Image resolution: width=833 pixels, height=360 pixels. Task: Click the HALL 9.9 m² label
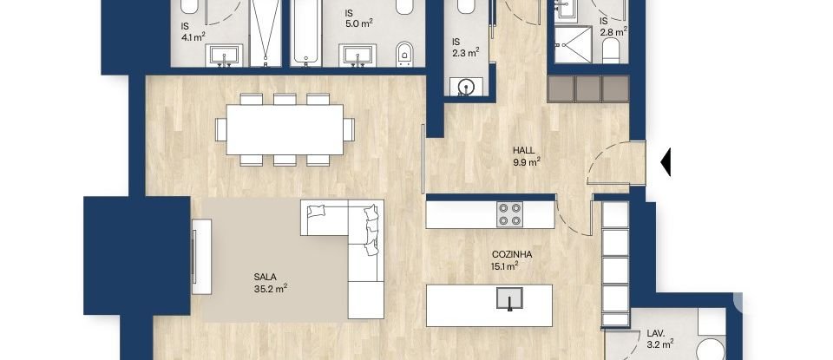526,155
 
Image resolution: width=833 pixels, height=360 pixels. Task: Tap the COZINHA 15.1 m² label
509,260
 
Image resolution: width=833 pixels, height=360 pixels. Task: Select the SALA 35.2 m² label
266,283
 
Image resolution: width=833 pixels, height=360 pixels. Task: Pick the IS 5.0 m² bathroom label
358,18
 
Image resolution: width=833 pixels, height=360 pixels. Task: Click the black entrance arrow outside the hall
666,162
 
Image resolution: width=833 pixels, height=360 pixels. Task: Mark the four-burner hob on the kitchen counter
509,213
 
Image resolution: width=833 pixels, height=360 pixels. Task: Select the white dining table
285,129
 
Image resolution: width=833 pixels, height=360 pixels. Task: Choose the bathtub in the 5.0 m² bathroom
305,31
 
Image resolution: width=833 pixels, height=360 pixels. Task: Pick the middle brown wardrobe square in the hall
588,88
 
